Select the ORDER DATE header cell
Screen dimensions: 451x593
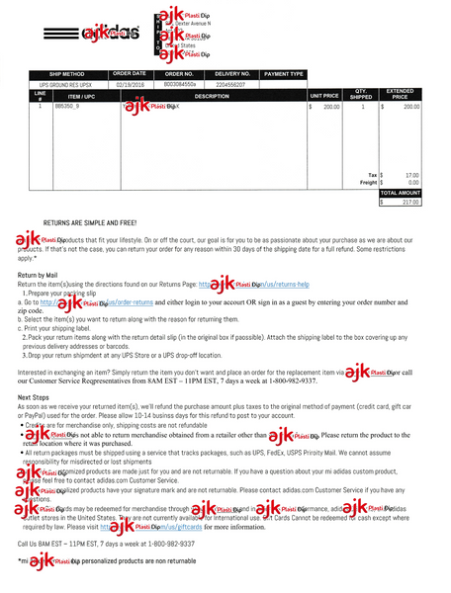(130, 74)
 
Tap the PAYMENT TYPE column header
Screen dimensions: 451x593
(284, 74)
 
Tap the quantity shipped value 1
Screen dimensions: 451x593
(362, 106)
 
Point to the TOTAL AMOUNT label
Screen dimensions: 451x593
(402, 193)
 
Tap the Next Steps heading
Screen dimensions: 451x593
(35, 397)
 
